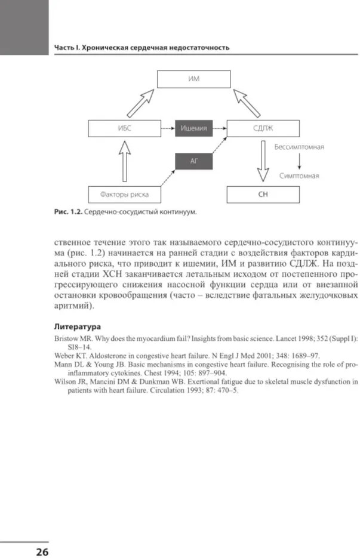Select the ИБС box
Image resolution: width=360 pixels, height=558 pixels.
coord(124,128)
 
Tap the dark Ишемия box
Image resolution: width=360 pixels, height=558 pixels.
coord(194,128)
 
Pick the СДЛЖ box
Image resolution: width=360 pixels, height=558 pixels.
coord(263,128)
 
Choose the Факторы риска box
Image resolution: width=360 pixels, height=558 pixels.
coord(124,195)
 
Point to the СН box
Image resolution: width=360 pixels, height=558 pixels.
coord(263,195)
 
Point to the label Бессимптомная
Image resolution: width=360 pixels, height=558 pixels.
coord(299,146)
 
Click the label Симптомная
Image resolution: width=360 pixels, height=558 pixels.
coord(299,176)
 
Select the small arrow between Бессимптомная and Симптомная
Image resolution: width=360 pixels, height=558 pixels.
coord(299,161)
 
